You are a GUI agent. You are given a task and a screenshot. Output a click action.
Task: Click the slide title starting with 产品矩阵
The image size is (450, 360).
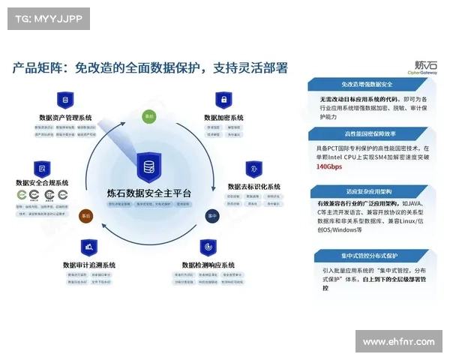150,68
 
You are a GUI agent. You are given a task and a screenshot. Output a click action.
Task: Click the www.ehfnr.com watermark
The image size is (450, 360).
398,342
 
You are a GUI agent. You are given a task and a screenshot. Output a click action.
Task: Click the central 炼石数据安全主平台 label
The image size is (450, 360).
149,193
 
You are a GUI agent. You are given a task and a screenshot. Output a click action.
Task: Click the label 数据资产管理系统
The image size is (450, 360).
66,118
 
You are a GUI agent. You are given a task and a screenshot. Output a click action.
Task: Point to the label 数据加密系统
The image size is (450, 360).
223,118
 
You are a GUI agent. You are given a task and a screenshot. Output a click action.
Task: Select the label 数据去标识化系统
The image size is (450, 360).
253,186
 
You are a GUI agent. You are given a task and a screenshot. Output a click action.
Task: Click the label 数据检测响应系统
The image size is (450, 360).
208,265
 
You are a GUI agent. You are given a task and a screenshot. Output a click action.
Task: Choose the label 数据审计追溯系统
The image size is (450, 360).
89,265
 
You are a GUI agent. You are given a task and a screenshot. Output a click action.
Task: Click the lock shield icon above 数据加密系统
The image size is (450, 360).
223,100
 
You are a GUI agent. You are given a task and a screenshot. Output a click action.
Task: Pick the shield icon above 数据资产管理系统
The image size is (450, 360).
65,100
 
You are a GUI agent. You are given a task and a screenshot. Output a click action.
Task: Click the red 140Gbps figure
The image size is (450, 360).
331,166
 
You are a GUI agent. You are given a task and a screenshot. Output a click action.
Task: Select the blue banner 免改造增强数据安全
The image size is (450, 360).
367,85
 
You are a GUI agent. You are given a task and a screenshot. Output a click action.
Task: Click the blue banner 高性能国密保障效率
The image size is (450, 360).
367,134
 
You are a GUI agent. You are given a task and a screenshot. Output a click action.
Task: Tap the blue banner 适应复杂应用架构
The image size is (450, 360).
367,190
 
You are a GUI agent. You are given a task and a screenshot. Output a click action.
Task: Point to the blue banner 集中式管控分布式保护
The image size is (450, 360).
367,255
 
